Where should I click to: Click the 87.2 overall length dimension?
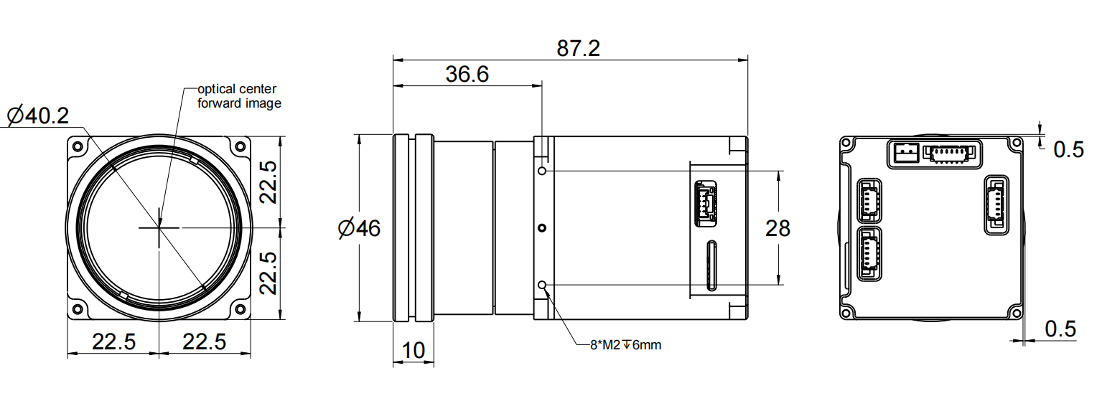point(578,49)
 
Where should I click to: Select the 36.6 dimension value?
point(467,75)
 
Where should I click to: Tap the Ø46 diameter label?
point(359,229)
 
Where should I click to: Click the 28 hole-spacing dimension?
point(778,229)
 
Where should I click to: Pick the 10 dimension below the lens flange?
point(413,351)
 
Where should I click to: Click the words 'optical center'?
point(237,89)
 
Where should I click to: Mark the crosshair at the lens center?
point(159,227)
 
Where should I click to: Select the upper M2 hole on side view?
point(542,171)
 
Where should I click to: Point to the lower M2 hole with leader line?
point(542,286)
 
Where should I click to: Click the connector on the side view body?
point(704,204)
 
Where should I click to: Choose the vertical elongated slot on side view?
point(711,265)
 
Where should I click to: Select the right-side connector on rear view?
point(996,204)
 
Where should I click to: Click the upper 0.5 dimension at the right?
point(1068,150)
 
